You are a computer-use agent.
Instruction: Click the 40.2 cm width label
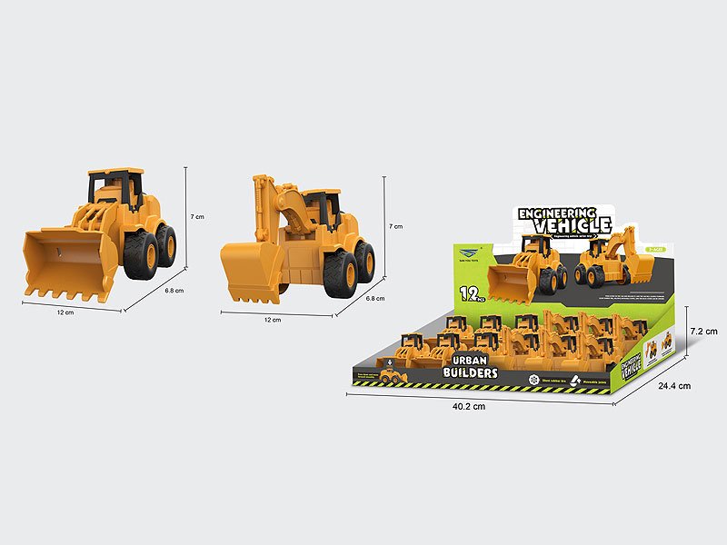point(467,406)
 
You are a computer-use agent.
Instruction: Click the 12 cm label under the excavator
point(272,320)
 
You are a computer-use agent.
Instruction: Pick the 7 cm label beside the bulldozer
point(197,217)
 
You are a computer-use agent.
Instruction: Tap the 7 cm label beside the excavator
point(394,224)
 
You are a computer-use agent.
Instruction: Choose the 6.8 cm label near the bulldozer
point(174,291)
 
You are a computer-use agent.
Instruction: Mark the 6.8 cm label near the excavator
point(374,298)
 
